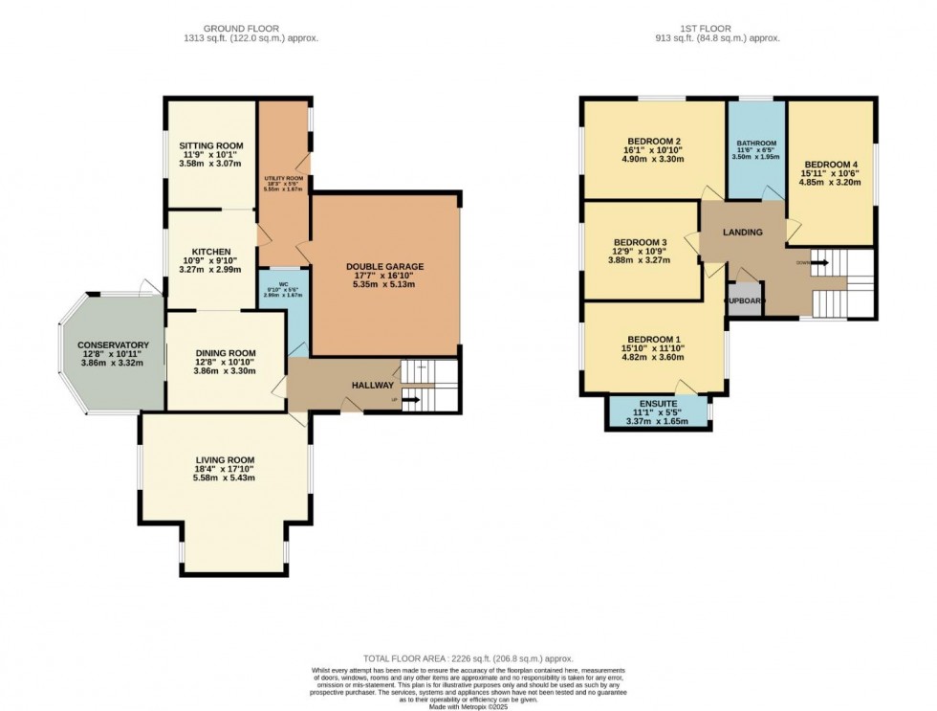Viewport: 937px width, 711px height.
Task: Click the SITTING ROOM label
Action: [x=210, y=145]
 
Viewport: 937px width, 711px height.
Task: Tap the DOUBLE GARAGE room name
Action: [x=384, y=267]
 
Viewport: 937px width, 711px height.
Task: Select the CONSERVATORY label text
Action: [x=114, y=344]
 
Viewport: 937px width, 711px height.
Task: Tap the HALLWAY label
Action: [x=372, y=385]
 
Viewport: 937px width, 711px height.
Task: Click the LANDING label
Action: [x=742, y=232]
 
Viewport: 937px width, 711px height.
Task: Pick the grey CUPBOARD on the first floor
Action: [x=745, y=300]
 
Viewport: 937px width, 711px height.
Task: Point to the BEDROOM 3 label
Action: [x=640, y=242]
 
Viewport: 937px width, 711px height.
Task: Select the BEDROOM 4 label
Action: [x=830, y=164]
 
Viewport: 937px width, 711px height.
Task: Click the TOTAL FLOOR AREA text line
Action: [x=468, y=658]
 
